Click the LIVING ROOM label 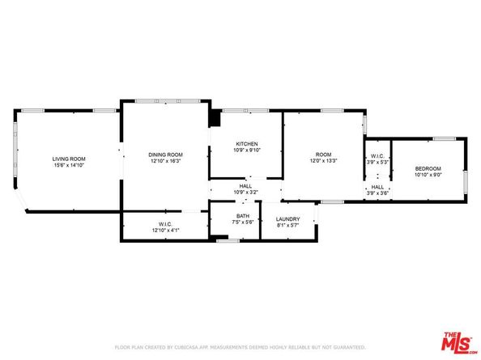(x=69, y=159)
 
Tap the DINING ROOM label (x=165, y=155)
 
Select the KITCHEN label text (x=246, y=143)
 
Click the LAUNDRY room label (x=287, y=218)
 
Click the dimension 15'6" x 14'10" (x=69, y=165)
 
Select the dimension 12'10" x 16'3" (x=165, y=161)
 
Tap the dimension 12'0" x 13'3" (x=323, y=161)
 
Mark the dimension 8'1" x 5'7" (x=287, y=225)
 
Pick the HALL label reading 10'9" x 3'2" (x=245, y=185)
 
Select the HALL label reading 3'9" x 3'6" (x=378, y=188)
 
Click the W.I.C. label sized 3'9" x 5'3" (x=378, y=156)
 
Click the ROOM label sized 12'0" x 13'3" (x=323, y=155)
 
